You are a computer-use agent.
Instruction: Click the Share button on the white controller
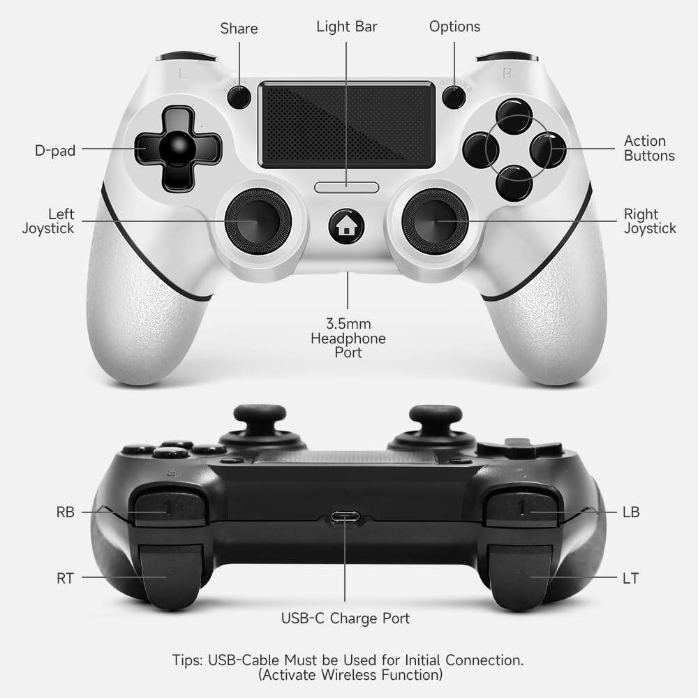point(239,97)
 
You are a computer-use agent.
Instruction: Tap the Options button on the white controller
point(454,97)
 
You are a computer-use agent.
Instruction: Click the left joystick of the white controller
point(251,221)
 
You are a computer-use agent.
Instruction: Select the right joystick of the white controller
point(436,221)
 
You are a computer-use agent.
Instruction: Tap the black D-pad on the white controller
point(178,149)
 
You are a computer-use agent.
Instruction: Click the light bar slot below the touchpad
point(347,187)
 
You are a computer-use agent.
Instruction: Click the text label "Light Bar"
point(347,27)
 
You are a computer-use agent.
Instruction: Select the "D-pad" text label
point(55,150)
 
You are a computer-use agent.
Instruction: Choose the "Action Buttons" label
point(649,149)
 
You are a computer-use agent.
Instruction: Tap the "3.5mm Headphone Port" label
point(348,339)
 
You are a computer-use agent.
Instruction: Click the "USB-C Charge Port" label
point(346,618)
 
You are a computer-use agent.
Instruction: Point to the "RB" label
point(65,512)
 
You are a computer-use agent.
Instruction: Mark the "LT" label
point(630,578)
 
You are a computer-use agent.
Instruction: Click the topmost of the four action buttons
point(514,115)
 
